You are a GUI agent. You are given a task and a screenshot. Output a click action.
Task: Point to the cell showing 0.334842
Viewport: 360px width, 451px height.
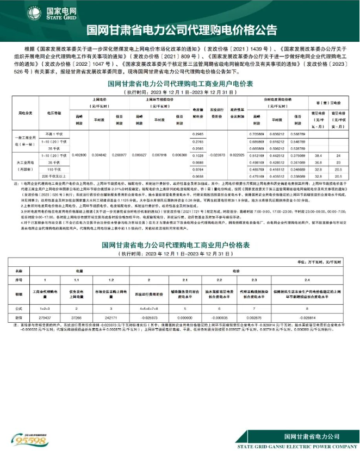click(100, 155)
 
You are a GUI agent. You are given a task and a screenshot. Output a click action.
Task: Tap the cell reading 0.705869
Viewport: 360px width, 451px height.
click(256, 134)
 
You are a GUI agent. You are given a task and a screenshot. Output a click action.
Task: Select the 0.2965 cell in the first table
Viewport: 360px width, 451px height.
click(198, 134)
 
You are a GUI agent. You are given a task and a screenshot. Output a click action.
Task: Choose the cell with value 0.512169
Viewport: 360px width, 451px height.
click(256, 155)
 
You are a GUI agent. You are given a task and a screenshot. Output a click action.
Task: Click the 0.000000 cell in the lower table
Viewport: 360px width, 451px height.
click(186, 316)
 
